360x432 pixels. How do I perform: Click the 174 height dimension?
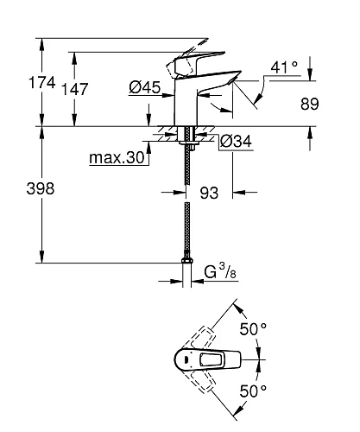[x=42, y=83]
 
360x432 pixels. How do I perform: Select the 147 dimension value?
[x=75, y=89]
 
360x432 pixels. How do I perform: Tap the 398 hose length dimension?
[x=41, y=189]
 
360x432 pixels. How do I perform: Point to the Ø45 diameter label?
[x=144, y=87]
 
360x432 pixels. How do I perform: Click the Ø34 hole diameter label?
[x=236, y=141]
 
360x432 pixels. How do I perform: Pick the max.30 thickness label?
[x=117, y=157]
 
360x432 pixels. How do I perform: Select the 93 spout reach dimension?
[x=209, y=193]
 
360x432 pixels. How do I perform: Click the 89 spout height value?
[x=310, y=104]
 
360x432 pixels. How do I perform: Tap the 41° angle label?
[x=284, y=67]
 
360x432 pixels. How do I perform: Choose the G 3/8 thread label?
[x=220, y=272]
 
